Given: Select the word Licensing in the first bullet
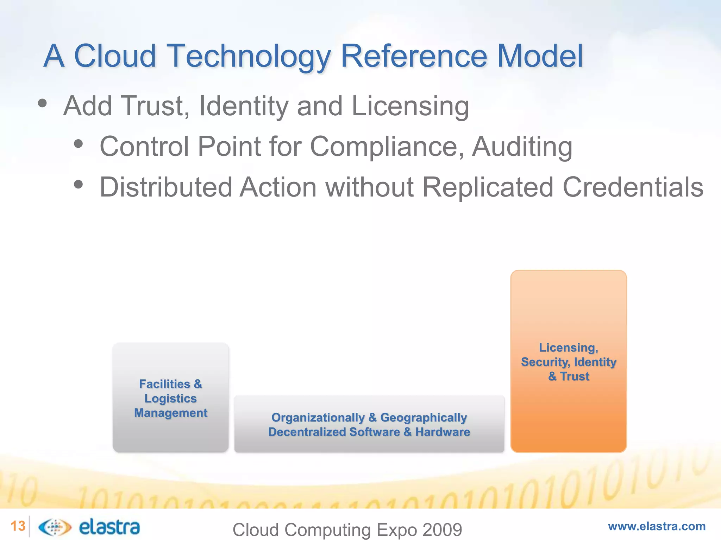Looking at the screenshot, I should pyautogui.click(x=410, y=106).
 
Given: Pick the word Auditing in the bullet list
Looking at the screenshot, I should pyautogui.click(x=522, y=147).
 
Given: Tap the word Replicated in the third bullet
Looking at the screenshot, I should pyautogui.click(x=488, y=187).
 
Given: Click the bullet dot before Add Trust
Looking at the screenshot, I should pyautogui.click(x=42, y=103).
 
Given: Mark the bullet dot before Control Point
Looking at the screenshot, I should pyautogui.click(x=79, y=144).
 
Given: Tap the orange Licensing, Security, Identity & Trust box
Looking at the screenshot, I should pyautogui.click(x=569, y=361).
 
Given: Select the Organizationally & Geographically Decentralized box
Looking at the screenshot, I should pyautogui.click(x=369, y=424).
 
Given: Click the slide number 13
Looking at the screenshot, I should pyautogui.click(x=18, y=526).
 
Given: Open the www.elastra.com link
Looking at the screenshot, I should pyautogui.click(x=657, y=526).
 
